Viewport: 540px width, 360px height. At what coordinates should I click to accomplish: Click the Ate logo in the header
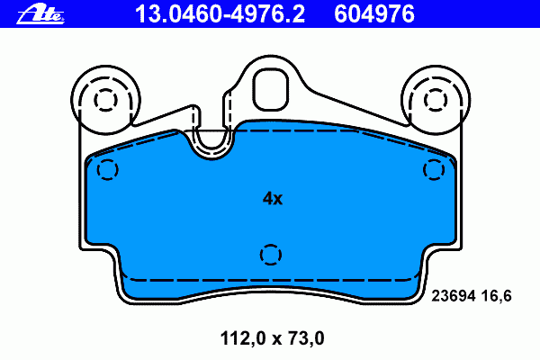[x=40, y=15]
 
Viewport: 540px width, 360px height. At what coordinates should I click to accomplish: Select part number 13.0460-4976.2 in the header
[x=220, y=13]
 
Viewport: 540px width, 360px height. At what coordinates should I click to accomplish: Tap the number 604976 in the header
[x=374, y=13]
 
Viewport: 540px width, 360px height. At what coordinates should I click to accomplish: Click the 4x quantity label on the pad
[x=273, y=198]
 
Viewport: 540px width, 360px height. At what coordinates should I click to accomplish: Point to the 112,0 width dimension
[x=243, y=338]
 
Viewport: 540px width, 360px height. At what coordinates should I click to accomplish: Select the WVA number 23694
[x=454, y=296]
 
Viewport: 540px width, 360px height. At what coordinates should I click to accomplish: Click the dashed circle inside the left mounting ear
[x=105, y=100]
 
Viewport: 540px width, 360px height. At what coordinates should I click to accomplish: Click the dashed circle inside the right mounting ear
[x=436, y=100]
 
